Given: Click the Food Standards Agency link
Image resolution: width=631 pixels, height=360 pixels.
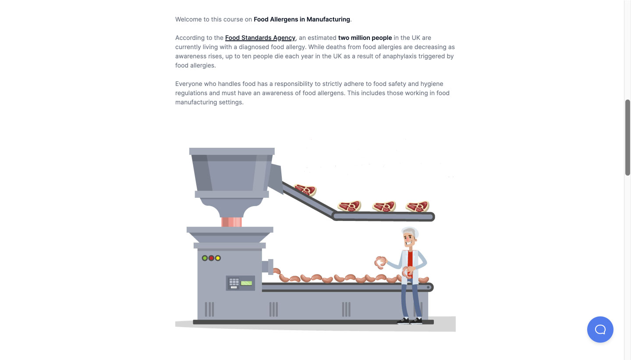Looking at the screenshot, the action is (260, 38).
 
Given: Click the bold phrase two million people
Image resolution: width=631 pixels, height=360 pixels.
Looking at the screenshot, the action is (365, 38).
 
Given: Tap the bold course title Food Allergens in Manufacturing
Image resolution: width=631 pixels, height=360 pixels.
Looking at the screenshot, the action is (301, 19).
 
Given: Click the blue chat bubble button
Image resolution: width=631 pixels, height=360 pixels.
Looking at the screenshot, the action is (600, 329).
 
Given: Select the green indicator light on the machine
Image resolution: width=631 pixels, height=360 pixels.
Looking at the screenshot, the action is (205, 258).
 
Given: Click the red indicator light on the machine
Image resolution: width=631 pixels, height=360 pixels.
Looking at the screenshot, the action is (211, 258).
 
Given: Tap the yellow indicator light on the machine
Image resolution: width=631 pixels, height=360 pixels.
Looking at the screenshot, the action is (218, 258).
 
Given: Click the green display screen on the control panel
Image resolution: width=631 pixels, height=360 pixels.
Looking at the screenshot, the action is (246, 283).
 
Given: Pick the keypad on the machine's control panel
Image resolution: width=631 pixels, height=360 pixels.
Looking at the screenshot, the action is (234, 282).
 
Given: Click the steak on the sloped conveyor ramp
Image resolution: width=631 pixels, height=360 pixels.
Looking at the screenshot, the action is (305, 190).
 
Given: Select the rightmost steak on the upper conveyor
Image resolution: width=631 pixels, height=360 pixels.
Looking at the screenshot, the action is (418, 207).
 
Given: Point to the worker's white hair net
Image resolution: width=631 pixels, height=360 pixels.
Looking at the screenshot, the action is (411, 232).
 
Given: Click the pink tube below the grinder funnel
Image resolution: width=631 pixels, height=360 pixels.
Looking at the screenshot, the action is (231, 222).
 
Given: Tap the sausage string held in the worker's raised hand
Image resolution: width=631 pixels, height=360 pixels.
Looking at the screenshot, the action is (380, 263).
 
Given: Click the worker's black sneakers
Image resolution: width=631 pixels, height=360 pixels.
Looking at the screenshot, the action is (410, 321).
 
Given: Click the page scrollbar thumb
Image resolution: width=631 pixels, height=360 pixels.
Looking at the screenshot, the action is (627, 138).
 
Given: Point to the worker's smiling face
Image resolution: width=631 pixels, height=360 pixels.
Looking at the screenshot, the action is (409, 239).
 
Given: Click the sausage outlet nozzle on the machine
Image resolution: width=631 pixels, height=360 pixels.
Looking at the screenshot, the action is (267, 267).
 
